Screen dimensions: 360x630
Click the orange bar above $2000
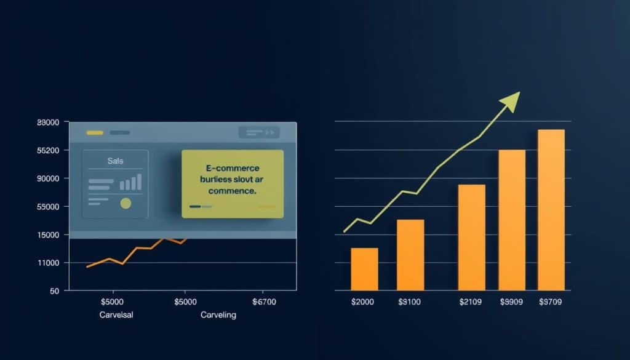point(364,269)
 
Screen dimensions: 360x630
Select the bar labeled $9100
point(410,255)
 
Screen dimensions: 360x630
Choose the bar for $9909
point(512,220)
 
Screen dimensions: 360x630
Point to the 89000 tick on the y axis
point(48,122)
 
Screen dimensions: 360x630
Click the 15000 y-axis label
point(48,235)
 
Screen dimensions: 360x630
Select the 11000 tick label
point(48,263)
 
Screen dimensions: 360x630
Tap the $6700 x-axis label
point(265,302)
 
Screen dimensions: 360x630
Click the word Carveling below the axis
point(218,314)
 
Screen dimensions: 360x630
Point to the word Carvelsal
point(116,314)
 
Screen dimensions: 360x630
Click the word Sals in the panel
point(115,161)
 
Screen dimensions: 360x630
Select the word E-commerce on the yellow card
point(232,168)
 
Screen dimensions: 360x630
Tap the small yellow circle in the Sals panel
point(126,203)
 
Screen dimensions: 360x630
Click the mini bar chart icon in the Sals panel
point(130,182)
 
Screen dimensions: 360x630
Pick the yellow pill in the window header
point(95,132)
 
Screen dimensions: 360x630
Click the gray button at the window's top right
point(258,132)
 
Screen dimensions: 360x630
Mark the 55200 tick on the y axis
point(48,151)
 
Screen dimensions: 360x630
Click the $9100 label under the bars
point(410,302)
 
